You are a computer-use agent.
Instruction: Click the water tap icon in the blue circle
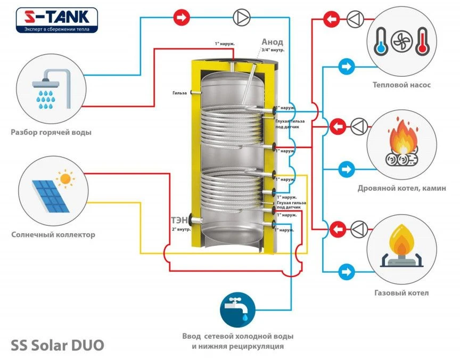237,310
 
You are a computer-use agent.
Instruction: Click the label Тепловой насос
401,85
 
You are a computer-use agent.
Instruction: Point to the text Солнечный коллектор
53,234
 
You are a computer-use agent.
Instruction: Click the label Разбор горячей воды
51,132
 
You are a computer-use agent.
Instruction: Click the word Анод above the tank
272,42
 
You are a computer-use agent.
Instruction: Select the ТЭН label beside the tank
178,221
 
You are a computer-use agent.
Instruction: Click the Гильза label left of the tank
179,93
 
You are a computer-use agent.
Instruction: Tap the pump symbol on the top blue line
241,18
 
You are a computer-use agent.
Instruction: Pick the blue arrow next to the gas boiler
346,272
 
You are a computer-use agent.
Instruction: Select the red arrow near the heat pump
332,20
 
